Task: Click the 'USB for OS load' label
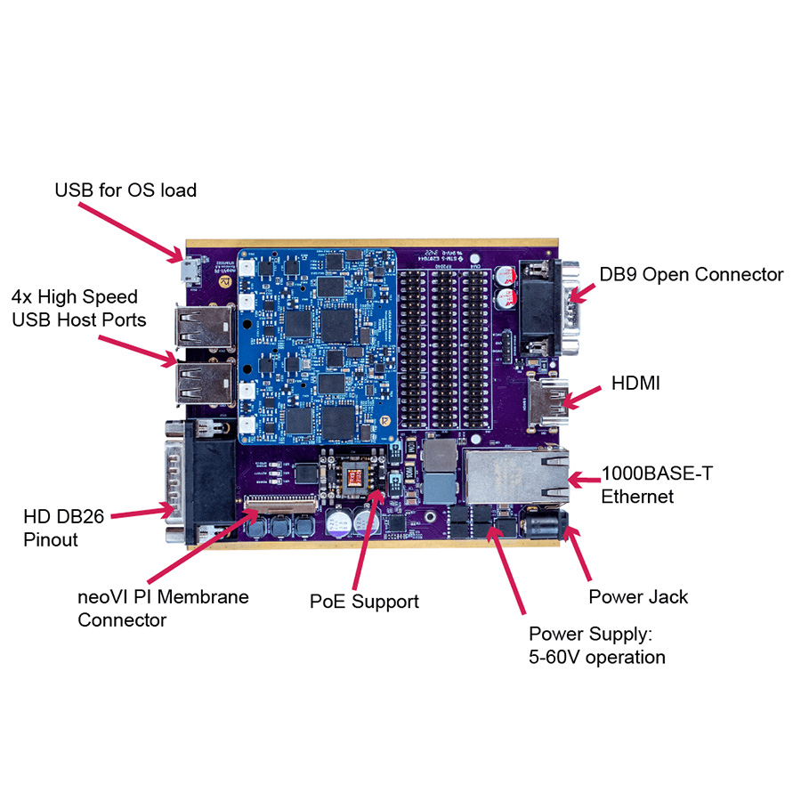tap(125, 190)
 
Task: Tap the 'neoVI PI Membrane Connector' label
tap(163, 608)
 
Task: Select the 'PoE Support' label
tap(364, 602)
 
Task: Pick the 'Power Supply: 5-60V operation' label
tap(596, 645)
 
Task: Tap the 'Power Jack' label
tap(638, 596)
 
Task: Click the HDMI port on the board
tap(547, 402)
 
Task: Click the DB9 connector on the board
tap(544, 307)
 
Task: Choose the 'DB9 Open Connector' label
tap(691, 274)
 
